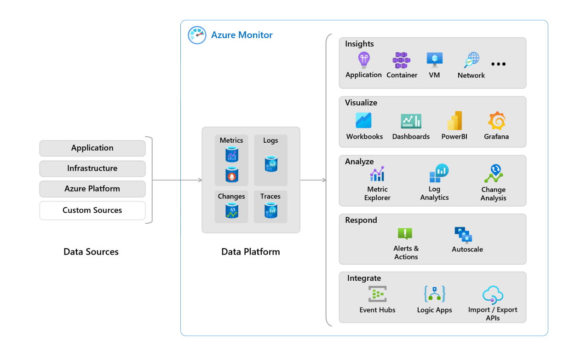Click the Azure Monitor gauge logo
pos(197,35)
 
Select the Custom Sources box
pos(92,210)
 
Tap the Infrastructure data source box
pos(92,168)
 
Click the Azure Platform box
pos(92,189)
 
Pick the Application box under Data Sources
pos(92,148)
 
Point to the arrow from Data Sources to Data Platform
pos(177,180)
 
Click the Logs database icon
pos(270,163)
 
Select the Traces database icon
pos(270,210)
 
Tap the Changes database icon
pos(231,210)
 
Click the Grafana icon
pos(496,121)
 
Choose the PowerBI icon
pos(454,121)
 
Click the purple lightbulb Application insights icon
pos(364,60)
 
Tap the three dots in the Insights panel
pos(498,64)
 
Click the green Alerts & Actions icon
pos(405,233)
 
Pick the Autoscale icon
pos(463,234)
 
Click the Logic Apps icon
pos(434,294)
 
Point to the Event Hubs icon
pos(377,294)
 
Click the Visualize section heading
pos(361,103)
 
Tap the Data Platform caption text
pos(251,252)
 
